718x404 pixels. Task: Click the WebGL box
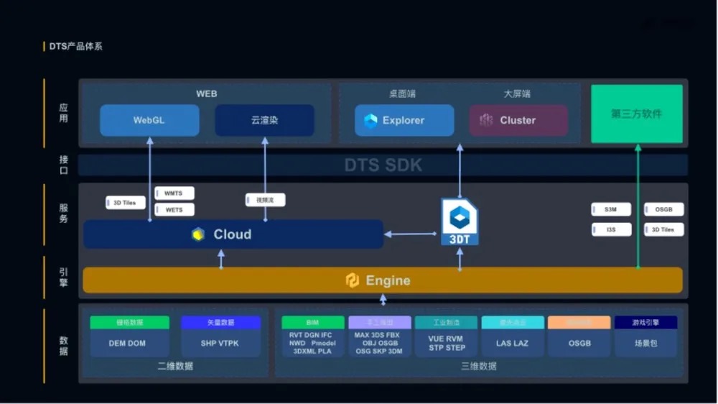pos(149,120)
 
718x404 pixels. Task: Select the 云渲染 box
pos(264,120)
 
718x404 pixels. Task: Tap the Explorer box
pos(404,120)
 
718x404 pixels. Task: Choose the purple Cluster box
pos(518,120)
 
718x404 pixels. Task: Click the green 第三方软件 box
pos(636,114)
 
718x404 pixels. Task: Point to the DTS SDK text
pos(383,165)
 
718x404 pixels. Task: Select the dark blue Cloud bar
pos(233,234)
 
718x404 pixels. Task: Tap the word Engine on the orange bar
pos(388,280)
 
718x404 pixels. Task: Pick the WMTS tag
pos(174,193)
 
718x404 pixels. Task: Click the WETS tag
pos(174,210)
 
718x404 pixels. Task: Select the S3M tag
pos(610,209)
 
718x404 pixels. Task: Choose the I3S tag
pos(610,229)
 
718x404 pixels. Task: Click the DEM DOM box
pos(129,343)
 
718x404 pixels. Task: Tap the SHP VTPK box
pos(220,343)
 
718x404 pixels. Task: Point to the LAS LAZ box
pos(512,343)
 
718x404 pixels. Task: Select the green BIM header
pos(312,322)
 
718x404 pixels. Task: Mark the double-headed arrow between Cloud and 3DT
pos(411,234)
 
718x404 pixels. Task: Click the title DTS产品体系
pos(76,47)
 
